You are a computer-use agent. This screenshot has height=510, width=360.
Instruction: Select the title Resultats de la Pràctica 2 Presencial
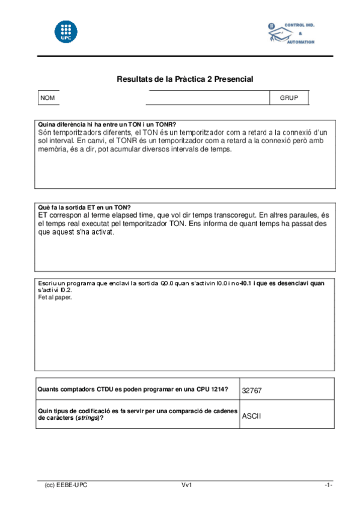point(185,79)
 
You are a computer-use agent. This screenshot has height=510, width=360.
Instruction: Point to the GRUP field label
point(288,97)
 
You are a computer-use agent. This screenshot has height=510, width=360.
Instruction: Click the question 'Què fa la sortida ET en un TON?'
point(84,207)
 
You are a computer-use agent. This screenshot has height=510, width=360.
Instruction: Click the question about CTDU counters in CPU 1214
point(132,389)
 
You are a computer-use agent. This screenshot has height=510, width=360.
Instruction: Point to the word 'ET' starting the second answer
point(43,214)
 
